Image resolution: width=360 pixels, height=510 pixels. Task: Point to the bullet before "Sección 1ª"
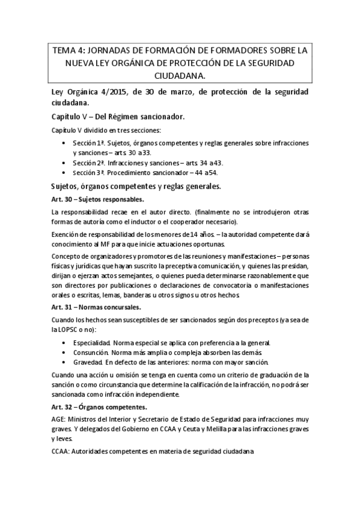[x=65, y=143]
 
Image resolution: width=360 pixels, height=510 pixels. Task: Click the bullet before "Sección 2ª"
[x=65, y=162]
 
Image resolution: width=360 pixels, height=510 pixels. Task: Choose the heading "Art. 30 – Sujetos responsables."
[x=97, y=199]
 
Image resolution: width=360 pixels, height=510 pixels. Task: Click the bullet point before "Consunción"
[x=65, y=352]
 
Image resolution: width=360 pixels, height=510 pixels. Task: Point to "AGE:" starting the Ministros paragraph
[x=59, y=419]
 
